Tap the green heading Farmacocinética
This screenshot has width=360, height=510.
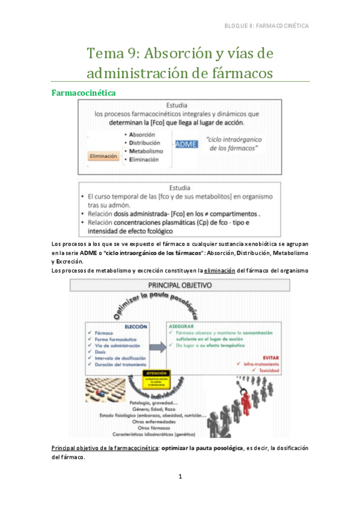[84, 93]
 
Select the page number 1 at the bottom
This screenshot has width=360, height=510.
[180, 476]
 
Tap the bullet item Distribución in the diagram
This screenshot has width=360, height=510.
[144, 143]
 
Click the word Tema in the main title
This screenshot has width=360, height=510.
[106, 54]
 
